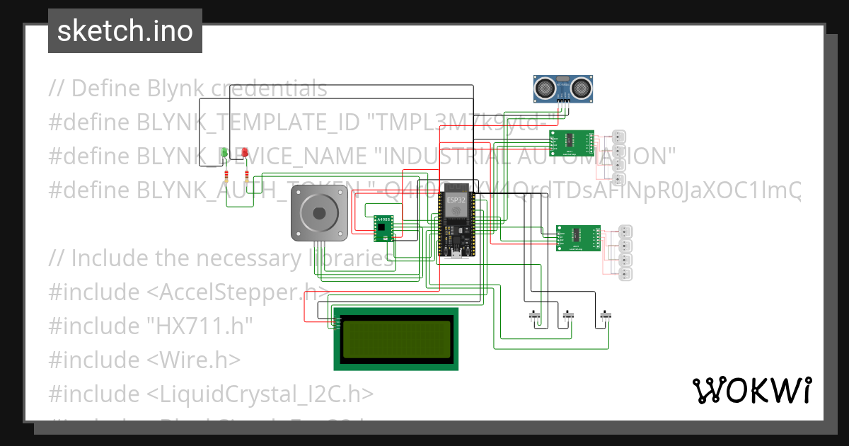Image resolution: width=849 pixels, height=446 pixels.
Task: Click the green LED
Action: pos(225,152)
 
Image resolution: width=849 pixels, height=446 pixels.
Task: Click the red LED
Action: pos(245,152)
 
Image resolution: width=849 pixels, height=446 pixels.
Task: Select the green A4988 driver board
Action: pos(383,228)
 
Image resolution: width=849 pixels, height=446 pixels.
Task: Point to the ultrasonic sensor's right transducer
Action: pos(582,87)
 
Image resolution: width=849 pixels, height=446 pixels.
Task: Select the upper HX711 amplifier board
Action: pos(572,142)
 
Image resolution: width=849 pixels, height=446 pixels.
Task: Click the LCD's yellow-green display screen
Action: pos(396,338)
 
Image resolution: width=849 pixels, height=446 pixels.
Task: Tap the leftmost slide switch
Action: pos(536,315)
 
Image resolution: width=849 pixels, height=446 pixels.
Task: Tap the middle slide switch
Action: pos(567,315)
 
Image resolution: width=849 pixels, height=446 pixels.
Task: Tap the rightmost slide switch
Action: pos(605,315)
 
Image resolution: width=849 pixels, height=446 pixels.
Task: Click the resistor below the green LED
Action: pos(226,176)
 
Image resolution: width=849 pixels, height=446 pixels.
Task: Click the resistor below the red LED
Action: pos(246,176)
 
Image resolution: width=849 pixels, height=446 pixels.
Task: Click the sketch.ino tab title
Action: pos(125,31)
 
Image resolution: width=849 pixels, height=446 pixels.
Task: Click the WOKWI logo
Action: pos(751,390)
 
